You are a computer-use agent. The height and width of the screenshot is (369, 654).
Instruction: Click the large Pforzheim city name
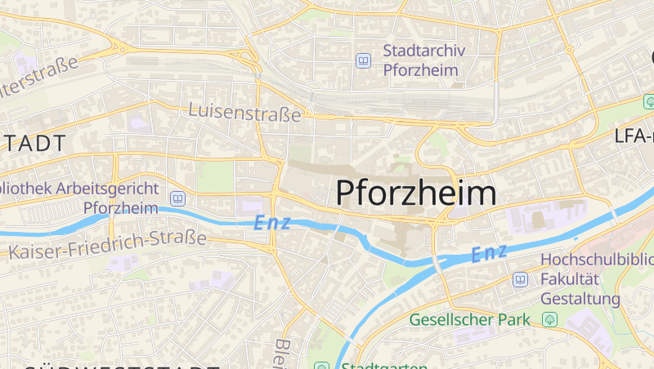click(416, 193)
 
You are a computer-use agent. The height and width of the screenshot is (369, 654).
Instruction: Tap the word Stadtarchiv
click(423, 51)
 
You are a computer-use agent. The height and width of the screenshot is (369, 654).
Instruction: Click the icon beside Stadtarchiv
click(363, 60)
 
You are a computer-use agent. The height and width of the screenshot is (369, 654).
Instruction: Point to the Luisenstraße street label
click(244, 112)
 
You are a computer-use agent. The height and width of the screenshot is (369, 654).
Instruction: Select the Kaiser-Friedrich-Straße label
click(107, 242)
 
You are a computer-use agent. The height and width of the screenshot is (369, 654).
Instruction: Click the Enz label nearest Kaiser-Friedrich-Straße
click(272, 222)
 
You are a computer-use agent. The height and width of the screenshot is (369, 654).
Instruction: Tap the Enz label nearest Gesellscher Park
click(489, 253)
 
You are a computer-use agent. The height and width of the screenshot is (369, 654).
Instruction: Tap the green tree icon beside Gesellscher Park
click(549, 319)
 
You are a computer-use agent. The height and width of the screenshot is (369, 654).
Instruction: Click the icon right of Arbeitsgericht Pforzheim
click(177, 198)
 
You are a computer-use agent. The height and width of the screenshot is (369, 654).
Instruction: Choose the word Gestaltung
click(580, 299)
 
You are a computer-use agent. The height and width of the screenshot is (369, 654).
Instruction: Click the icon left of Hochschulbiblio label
click(520, 280)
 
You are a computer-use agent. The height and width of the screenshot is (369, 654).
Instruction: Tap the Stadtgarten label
click(383, 366)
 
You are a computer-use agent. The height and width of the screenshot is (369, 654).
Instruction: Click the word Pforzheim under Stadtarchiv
click(420, 70)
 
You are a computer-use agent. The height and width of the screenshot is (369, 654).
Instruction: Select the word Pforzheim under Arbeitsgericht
click(120, 207)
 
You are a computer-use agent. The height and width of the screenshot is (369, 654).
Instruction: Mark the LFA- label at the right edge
click(634, 136)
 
